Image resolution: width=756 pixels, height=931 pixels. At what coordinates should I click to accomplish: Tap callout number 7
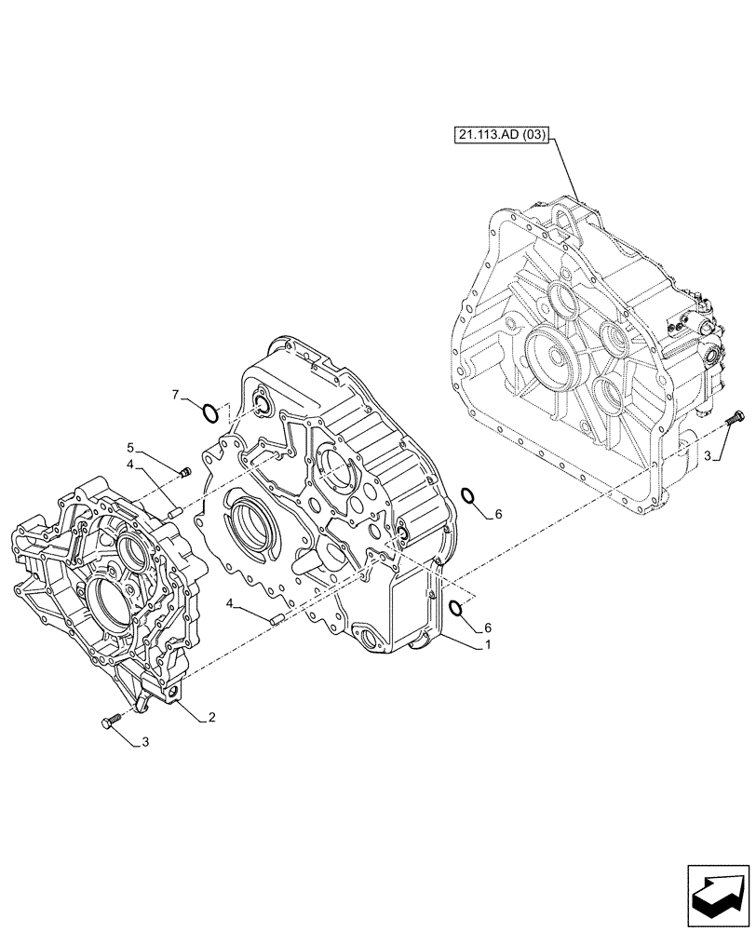pos(175,396)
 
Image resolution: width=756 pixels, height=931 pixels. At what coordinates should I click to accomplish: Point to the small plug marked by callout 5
pos(184,473)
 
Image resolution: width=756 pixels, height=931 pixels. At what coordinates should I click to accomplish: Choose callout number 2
pos(212,717)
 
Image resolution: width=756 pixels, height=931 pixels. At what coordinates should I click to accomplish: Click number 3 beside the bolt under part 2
pos(144,742)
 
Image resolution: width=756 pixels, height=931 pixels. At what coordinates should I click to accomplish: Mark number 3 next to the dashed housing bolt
pos(709,455)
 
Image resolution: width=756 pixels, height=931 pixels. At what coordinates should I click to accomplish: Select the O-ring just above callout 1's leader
pos(458,608)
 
